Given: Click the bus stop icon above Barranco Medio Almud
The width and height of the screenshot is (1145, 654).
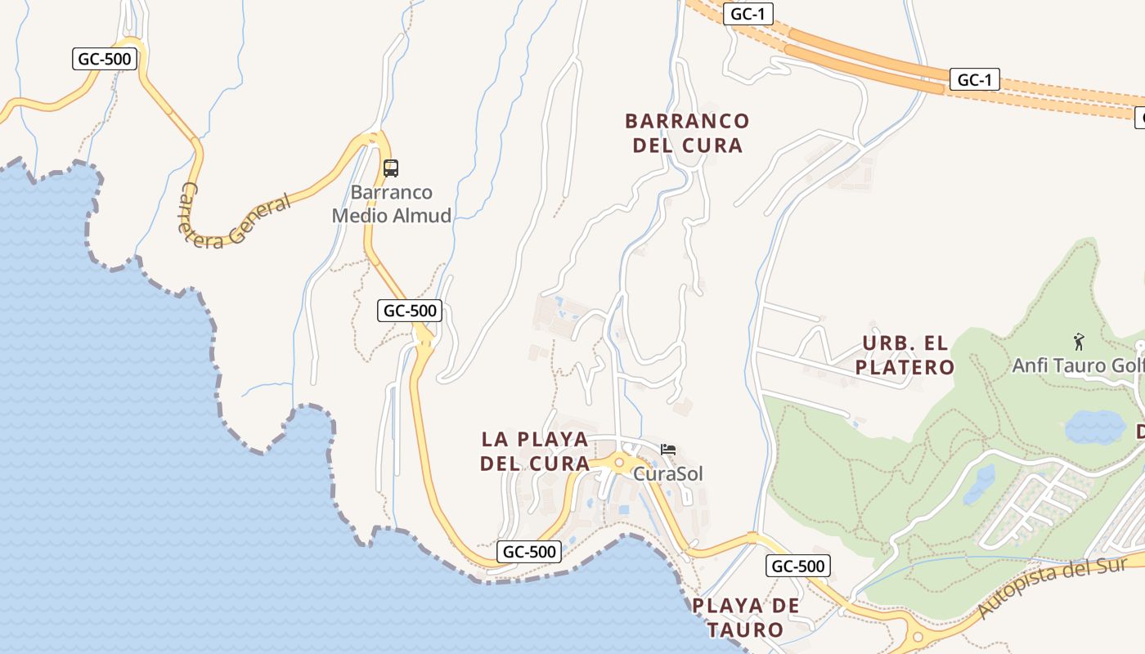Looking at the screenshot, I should click(x=391, y=168).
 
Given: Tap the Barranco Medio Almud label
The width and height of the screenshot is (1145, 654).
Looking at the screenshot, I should click(x=392, y=204).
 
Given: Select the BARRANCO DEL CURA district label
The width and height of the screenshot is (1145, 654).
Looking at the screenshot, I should click(x=687, y=133).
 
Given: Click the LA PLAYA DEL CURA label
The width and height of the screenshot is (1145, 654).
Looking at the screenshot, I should click(x=535, y=451).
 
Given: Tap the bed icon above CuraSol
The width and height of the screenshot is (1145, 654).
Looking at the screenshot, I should click(x=668, y=450).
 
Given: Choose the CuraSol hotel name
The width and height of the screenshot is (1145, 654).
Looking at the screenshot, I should click(x=668, y=473).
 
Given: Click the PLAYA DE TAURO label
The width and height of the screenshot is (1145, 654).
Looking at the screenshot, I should click(x=746, y=618).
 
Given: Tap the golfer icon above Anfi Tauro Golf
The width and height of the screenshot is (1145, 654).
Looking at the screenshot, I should click(x=1079, y=342).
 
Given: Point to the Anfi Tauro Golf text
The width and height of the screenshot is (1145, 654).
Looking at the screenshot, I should click(x=1078, y=365).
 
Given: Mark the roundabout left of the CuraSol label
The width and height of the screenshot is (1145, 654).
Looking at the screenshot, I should click(x=619, y=463).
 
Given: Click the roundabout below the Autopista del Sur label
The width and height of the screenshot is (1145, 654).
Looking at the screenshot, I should click(x=918, y=637).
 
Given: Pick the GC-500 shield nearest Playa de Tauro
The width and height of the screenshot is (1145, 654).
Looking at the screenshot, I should click(x=798, y=566).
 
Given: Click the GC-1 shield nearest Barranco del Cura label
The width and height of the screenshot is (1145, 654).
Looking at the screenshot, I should click(x=748, y=14).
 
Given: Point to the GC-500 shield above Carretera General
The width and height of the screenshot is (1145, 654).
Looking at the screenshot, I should click(x=105, y=59).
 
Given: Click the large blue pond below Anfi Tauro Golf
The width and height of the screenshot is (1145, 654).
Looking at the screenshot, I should click(x=1095, y=426).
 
